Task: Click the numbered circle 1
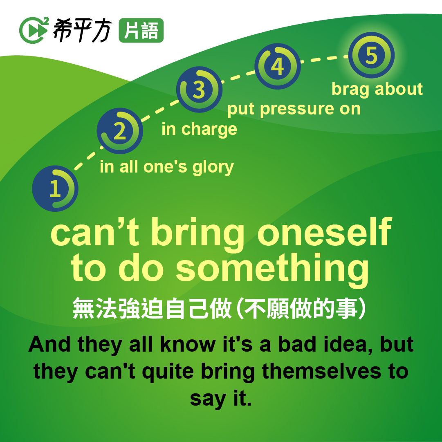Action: [x=55, y=188]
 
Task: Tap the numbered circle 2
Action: [x=120, y=131]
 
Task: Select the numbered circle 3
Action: [x=199, y=90]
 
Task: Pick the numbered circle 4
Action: [x=278, y=66]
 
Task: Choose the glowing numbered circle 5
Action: [x=371, y=55]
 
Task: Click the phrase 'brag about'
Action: [x=377, y=90]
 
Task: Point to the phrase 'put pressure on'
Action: [x=294, y=109]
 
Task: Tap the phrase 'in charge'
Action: [x=199, y=130]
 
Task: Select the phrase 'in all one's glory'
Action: [x=167, y=167]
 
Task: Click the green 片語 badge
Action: [x=141, y=30]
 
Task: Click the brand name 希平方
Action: [x=83, y=30]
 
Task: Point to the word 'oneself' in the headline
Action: [x=325, y=232]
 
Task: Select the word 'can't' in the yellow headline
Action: [x=95, y=232]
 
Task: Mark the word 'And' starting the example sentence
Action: [x=49, y=344]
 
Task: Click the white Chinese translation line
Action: [x=220, y=309]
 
